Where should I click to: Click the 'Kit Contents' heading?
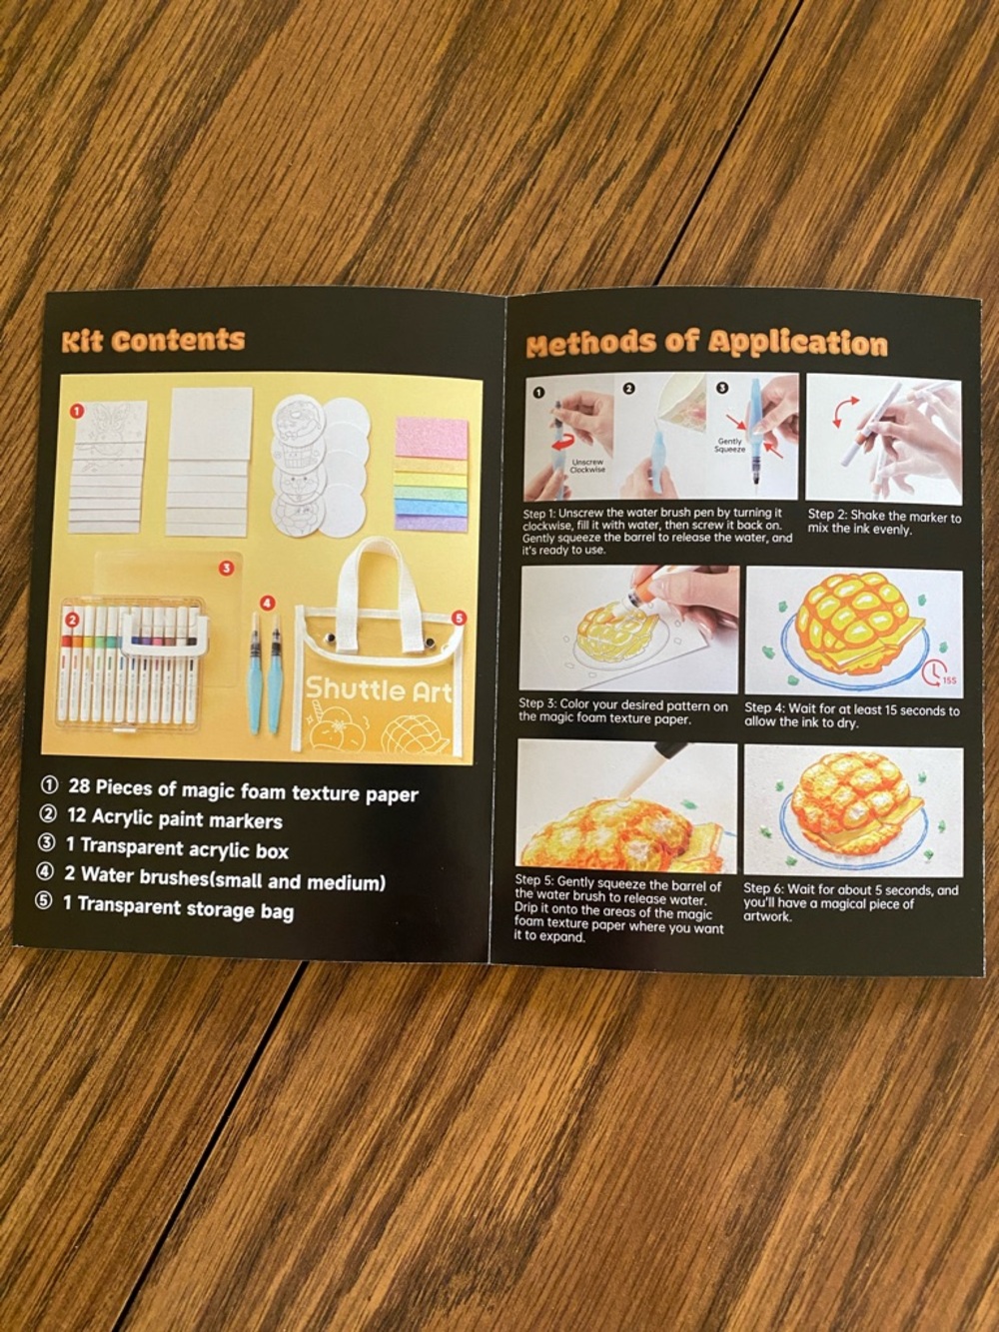153,340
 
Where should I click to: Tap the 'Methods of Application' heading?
706,344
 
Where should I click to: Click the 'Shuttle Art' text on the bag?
378,688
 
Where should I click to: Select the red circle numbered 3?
227,568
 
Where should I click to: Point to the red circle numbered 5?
459,618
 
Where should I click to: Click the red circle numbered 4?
267,603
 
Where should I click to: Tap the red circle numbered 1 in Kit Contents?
76,409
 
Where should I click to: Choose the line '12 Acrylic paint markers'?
174,818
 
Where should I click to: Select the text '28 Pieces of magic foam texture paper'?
242,790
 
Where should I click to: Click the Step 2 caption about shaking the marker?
883,523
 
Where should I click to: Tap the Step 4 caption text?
851,715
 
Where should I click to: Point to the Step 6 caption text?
849,901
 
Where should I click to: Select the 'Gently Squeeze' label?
729,445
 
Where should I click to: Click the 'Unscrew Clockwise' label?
587,466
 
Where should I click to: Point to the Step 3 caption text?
623,710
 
